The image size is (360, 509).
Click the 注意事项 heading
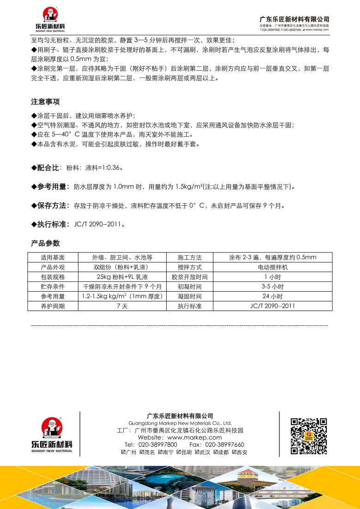(x=45, y=102)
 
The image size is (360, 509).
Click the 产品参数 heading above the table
(x=45, y=243)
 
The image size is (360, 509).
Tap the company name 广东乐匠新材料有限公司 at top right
(x=294, y=19)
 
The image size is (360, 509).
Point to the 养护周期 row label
(x=53, y=306)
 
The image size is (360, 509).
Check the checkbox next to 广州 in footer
(x=123, y=452)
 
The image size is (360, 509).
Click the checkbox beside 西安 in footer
(x=234, y=452)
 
